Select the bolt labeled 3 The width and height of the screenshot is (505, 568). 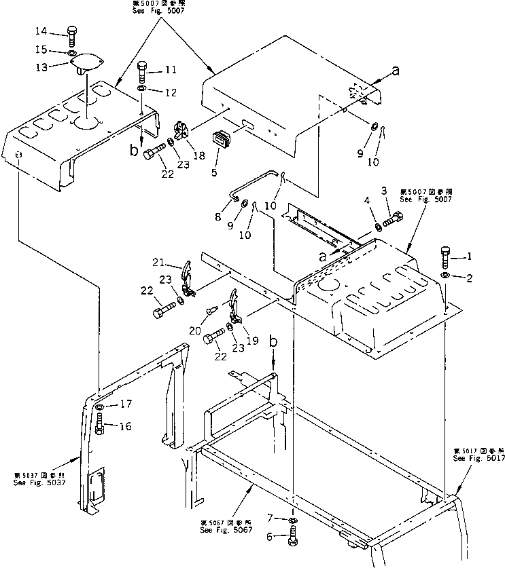(394, 219)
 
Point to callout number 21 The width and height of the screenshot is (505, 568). (158, 263)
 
